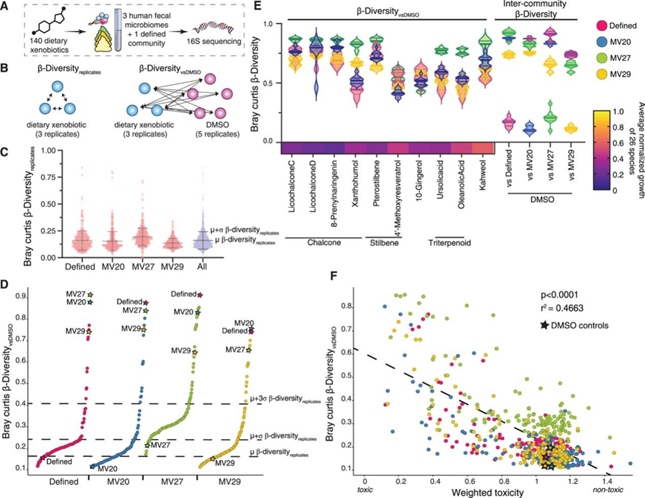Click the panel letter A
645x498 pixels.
pyautogui.click(x=5, y=7)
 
